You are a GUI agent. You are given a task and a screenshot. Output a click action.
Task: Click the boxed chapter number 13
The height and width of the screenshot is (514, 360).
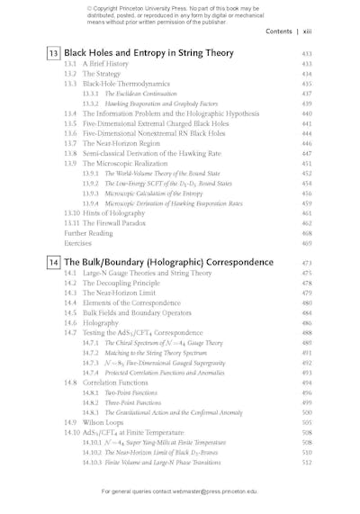[53, 54]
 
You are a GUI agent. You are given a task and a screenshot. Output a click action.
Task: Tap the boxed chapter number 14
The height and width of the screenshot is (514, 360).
[53, 262]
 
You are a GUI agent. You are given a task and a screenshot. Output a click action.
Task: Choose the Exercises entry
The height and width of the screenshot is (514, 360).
[77, 243]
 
